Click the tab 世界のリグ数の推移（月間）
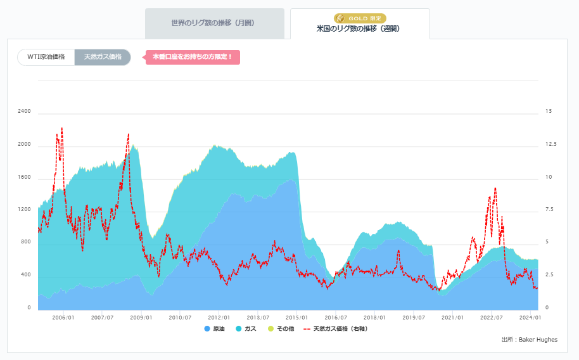[x=213, y=23]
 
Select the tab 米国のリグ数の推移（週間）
[x=359, y=29]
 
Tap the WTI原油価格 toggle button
[x=46, y=57]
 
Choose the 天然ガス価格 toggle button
[x=103, y=57]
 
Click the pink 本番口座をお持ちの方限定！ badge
[x=193, y=57]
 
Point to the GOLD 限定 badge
[x=359, y=18]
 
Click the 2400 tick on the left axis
[x=25, y=112]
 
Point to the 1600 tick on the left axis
[x=25, y=177]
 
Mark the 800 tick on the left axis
[x=26, y=242]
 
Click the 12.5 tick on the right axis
[x=551, y=145]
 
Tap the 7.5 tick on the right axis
[x=550, y=210]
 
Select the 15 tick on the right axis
[x=549, y=112]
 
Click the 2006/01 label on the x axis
[x=63, y=318]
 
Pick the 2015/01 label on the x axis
[x=297, y=318]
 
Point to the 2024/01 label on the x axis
[x=530, y=318]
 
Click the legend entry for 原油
[x=215, y=329]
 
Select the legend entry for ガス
[x=246, y=329]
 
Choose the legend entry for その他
[x=279, y=329]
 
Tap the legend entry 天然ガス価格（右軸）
[x=336, y=329]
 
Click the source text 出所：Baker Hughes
[x=529, y=340]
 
